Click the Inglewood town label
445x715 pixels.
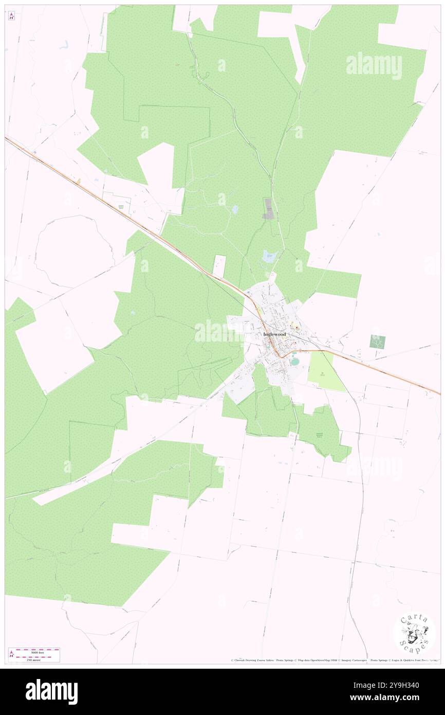coord(274,334)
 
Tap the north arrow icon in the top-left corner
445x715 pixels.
coord(11,16)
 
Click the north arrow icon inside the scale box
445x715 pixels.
coord(11,655)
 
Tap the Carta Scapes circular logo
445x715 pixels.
coord(414,633)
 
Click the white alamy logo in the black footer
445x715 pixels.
coord(51,691)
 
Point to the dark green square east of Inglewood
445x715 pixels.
coord(378,341)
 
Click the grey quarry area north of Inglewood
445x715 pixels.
coord(268,209)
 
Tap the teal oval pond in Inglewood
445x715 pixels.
coord(294,362)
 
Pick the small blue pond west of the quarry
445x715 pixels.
coord(235,209)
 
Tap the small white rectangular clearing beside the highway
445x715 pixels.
coord(219,266)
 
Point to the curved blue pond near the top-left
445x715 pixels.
coord(64,45)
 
